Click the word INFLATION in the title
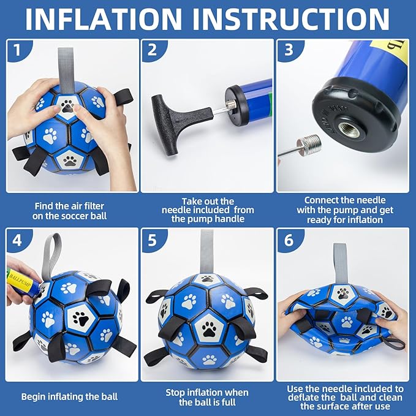point(104,20)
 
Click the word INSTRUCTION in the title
point(291,20)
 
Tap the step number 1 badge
point(18,50)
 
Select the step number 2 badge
point(152,50)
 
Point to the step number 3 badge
point(289,50)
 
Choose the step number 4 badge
point(18,240)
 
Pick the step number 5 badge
point(153,240)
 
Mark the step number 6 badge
point(289,240)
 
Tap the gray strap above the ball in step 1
point(66,69)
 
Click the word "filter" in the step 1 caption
point(93,206)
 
